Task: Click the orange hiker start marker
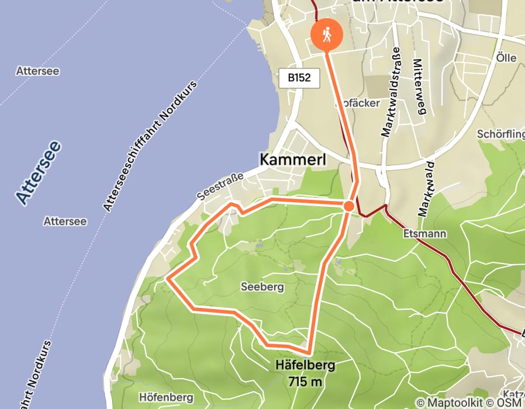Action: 327,34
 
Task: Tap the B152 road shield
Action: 299,78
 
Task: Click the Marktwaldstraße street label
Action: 388,92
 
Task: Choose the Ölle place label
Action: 506,58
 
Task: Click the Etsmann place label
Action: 425,234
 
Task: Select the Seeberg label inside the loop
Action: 262,287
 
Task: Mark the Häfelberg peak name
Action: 305,366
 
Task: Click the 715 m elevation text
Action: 305,382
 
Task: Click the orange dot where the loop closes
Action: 348,206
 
